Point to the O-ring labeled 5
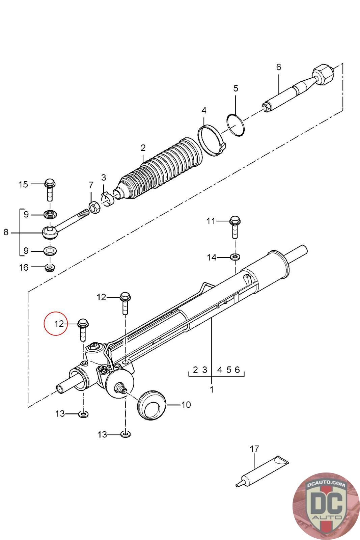pyautogui.click(x=236, y=125)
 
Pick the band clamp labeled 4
pyautogui.click(x=211, y=140)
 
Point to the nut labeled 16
pyautogui.click(x=50, y=268)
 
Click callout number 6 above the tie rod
pyautogui.click(x=278, y=67)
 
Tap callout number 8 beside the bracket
pyautogui.click(x=6, y=232)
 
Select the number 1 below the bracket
pyautogui.click(x=212, y=389)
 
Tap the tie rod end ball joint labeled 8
pyautogui.click(x=50, y=232)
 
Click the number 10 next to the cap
pyautogui.click(x=186, y=404)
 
